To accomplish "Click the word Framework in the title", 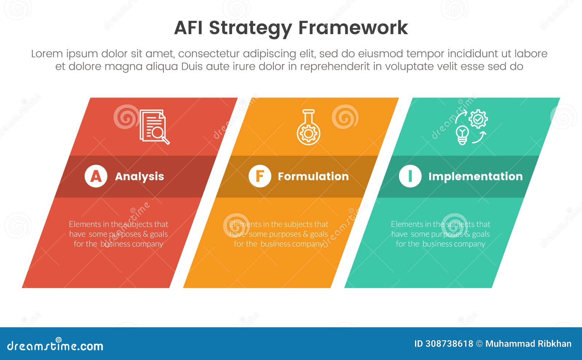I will click(353, 28).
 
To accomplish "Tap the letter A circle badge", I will click(96, 176).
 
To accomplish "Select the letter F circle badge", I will click(260, 176).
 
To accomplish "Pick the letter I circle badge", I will click(410, 176).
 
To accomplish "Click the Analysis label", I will click(139, 176).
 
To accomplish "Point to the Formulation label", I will click(313, 176).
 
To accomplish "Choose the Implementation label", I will click(475, 176).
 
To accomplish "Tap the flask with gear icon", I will click(308, 127).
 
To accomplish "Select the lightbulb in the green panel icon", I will click(462, 135).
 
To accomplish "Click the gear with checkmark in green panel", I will click(478, 119).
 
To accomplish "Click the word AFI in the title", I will click(189, 28).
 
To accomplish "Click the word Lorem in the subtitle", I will click(46, 54).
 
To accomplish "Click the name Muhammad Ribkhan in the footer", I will click(528, 344).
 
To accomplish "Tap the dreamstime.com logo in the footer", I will click(55, 345).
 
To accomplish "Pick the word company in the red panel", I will click(147, 244).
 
